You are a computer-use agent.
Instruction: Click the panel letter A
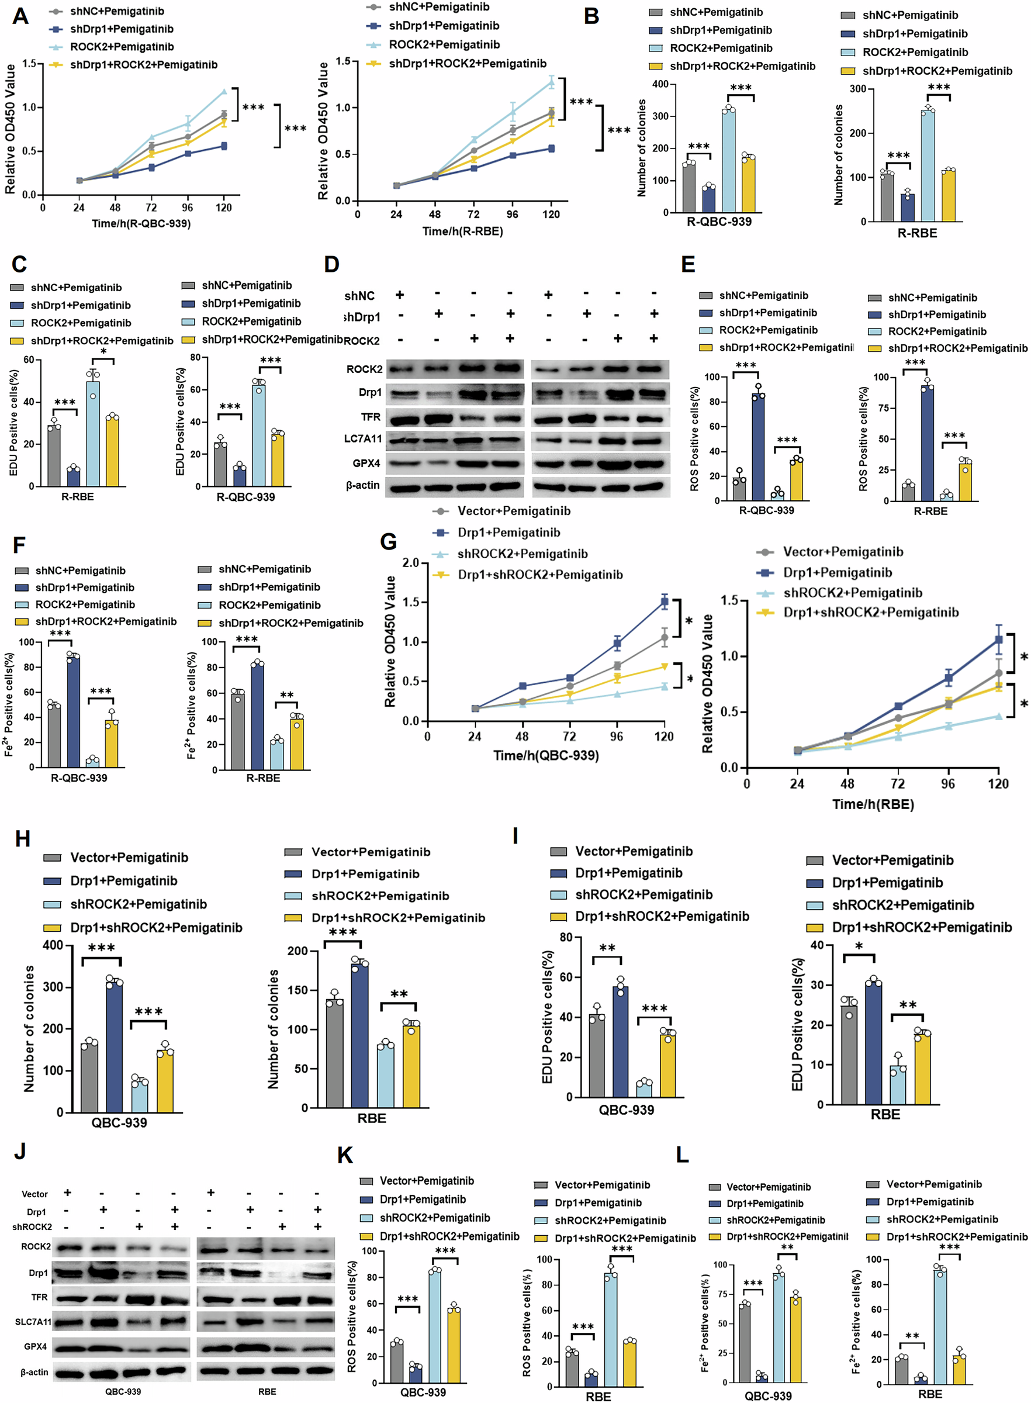pyautogui.click(x=20, y=15)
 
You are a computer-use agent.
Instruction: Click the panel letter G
pyautogui.click(x=388, y=541)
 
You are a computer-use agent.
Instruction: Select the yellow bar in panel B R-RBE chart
pyautogui.click(x=949, y=195)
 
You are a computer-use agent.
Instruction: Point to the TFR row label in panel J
pyautogui.click(x=39, y=1298)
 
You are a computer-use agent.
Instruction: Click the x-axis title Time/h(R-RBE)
pyautogui.click(x=462, y=231)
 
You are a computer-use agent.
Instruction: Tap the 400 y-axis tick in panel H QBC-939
pyautogui.click(x=53, y=945)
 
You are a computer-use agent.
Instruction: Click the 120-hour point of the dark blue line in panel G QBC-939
pyautogui.click(x=665, y=602)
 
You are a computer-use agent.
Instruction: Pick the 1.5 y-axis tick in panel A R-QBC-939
pyautogui.click(x=29, y=64)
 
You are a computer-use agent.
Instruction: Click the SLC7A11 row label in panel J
pyautogui.click(x=33, y=1322)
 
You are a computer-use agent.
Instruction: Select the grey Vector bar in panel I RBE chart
pyautogui.click(x=849, y=1054)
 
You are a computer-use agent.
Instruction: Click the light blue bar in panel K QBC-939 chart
pyautogui.click(x=435, y=1326)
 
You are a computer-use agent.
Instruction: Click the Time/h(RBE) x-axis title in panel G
pyautogui.click(x=873, y=804)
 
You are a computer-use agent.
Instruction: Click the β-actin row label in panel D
pyautogui.click(x=362, y=485)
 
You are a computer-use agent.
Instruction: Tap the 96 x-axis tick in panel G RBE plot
pyautogui.click(x=947, y=783)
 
